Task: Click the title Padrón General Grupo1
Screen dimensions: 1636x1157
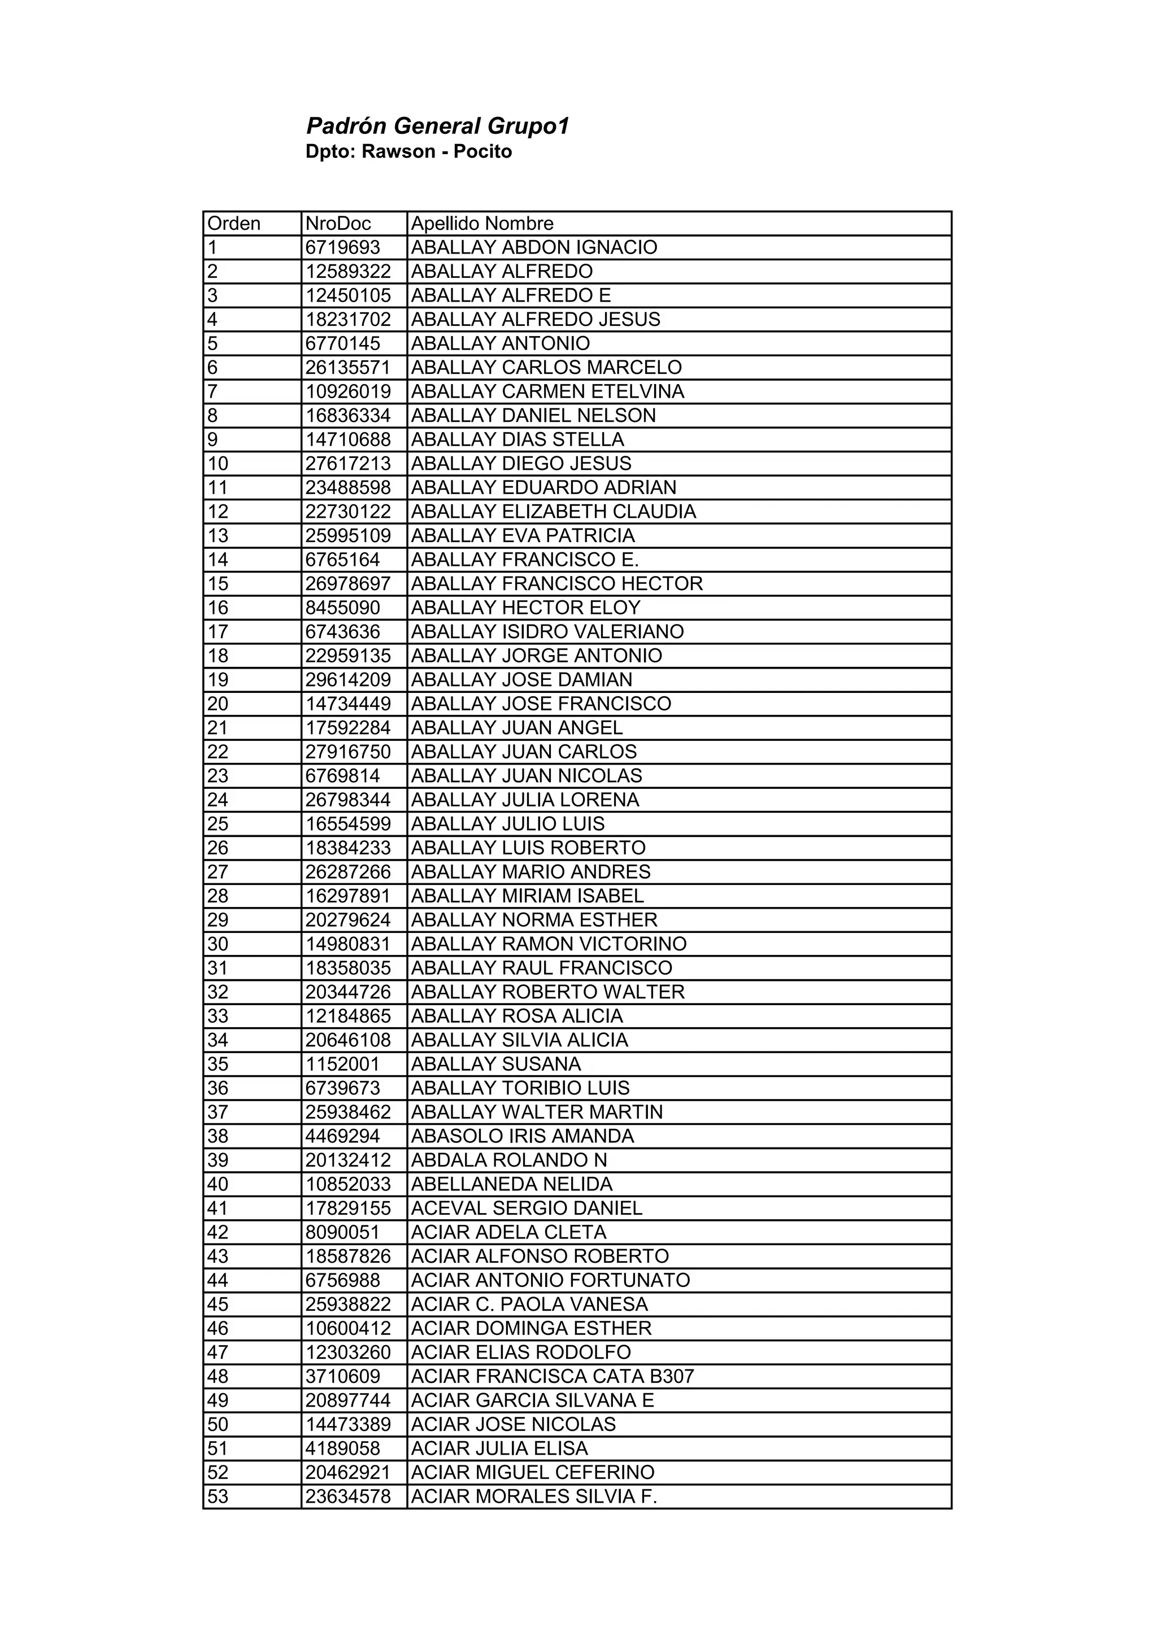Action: [x=438, y=127]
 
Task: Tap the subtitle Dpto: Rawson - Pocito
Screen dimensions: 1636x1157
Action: [x=408, y=152]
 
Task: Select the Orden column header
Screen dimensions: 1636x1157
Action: [x=234, y=224]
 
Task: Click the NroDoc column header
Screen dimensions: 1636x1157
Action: [x=338, y=224]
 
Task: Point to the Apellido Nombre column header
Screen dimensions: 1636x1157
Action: [x=482, y=224]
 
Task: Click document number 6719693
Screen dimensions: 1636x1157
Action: [x=343, y=247]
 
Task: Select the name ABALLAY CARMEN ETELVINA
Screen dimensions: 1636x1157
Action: [x=547, y=391]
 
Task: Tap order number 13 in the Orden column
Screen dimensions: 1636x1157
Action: [x=218, y=535]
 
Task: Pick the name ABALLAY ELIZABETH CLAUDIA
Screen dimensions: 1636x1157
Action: [x=553, y=512]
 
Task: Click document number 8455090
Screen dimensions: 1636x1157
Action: [x=343, y=608]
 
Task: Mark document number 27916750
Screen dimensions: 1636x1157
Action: [x=348, y=752]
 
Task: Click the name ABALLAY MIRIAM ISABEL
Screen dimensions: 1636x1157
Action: [x=528, y=896]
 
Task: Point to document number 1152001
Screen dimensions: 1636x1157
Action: [x=343, y=1064]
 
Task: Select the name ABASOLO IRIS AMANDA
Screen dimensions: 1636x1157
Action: [x=523, y=1136]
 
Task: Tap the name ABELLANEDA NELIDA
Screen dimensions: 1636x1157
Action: [x=512, y=1184]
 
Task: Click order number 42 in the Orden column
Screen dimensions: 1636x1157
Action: [x=218, y=1232]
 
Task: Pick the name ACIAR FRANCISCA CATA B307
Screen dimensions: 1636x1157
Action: [x=553, y=1376]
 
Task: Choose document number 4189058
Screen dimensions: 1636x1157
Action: [x=343, y=1448]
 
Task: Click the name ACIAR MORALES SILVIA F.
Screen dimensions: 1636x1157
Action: [x=534, y=1497]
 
